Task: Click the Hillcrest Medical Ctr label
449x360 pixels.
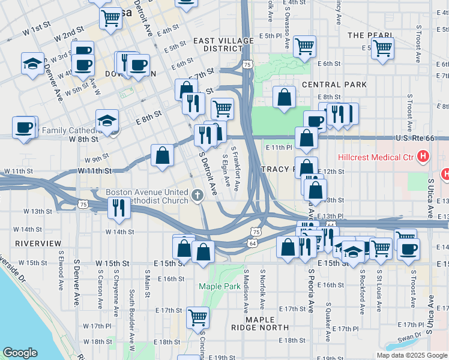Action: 376,157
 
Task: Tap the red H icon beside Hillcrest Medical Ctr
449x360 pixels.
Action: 424,157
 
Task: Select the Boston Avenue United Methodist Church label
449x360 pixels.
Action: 148,196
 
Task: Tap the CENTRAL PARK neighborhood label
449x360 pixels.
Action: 334,85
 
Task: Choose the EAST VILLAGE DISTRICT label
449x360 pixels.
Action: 217,44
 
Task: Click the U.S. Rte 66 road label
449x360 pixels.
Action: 414,139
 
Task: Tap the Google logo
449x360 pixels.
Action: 20,353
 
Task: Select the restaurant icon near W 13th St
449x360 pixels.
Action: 117,207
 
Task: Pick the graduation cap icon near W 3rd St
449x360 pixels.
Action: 32,63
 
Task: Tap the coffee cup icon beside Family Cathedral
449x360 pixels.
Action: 24,127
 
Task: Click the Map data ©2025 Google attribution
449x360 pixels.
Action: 411,355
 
